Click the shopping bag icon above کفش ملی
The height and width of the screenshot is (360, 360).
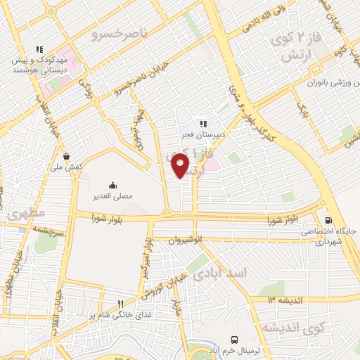pyautogui.click(x=66, y=157)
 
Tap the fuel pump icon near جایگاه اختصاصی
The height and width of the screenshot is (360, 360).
pyautogui.click(x=328, y=219)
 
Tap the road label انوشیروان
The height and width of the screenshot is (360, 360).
pyautogui.click(x=186, y=239)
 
